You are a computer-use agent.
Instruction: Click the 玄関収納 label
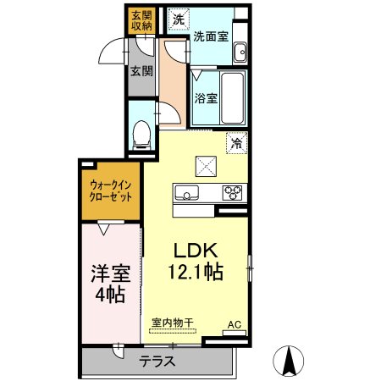click(x=141, y=20)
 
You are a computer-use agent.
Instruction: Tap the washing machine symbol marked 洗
click(x=179, y=19)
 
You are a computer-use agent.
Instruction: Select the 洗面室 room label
click(x=211, y=36)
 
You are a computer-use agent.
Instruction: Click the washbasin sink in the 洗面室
click(x=240, y=52)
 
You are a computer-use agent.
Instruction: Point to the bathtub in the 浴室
click(x=233, y=97)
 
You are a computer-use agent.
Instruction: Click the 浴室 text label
click(x=206, y=98)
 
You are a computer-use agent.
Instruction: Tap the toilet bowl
click(x=141, y=135)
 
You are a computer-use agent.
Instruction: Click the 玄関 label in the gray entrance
click(x=141, y=71)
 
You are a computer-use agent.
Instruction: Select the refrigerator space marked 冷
click(x=236, y=143)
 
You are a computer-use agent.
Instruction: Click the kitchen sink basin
click(x=186, y=193)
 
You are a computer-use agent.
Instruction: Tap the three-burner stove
click(x=232, y=193)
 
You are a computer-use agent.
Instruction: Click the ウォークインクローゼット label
click(x=110, y=191)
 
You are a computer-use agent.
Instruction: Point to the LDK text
click(x=196, y=251)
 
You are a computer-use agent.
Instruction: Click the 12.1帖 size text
click(x=196, y=272)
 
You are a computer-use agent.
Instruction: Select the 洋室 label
click(x=110, y=273)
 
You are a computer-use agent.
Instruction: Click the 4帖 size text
click(x=110, y=295)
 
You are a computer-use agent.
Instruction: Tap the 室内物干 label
click(x=173, y=323)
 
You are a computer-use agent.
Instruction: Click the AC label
click(x=235, y=324)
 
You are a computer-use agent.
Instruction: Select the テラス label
click(x=157, y=362)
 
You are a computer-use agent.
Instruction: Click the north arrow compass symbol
click(x=289, y=361)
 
